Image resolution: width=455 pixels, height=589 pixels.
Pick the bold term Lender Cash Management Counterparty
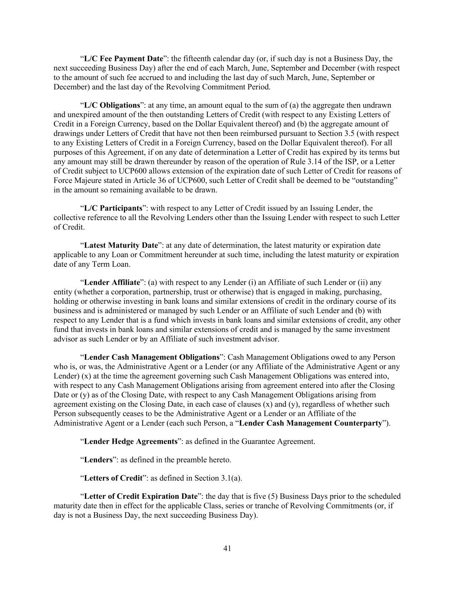pyautogui.click(x=311, y=423)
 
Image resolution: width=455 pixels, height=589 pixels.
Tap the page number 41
pyautogui.click(x=227, y=548)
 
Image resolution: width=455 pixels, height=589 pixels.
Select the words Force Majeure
pyautogui.click(x=76, y=180)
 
